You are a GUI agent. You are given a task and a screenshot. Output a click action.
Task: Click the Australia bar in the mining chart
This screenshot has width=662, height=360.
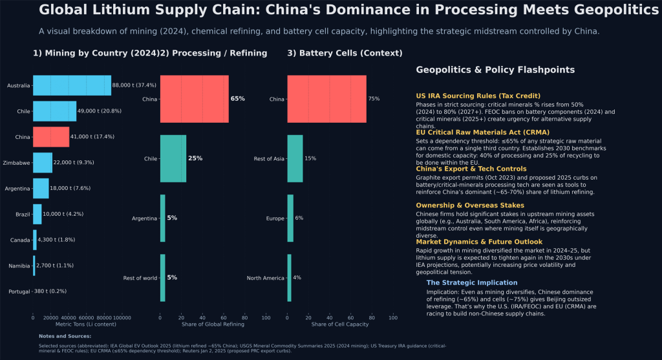[72, 85]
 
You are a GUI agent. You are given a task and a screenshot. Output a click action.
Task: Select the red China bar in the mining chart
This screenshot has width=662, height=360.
[51, 137]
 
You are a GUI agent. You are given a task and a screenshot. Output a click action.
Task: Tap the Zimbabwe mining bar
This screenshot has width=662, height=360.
[43, 163]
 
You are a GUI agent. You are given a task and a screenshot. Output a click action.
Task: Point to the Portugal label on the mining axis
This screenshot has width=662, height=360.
[19, 291]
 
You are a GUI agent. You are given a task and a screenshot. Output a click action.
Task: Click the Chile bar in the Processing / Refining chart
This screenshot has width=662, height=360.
[173, 158]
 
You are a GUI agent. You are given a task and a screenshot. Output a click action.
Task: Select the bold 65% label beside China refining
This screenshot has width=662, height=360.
[237, 99]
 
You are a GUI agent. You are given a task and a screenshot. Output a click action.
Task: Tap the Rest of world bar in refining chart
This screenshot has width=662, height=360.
[163, 278]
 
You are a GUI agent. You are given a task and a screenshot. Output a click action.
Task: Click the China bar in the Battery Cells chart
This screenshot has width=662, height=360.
[326, 99]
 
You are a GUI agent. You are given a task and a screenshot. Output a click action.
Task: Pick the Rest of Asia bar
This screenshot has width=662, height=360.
[295, 158]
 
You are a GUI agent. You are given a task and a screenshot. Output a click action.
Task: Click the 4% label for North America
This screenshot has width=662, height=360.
[297, 278]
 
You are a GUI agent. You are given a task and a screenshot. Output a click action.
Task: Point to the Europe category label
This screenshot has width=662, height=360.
[275, 218]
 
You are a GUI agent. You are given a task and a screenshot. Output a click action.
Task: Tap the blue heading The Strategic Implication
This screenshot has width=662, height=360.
[471, 282]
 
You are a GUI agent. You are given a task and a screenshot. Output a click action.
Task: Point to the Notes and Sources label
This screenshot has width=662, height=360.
[65, 336]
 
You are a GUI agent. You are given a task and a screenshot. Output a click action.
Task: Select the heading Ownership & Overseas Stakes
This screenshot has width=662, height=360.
[469, 205]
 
